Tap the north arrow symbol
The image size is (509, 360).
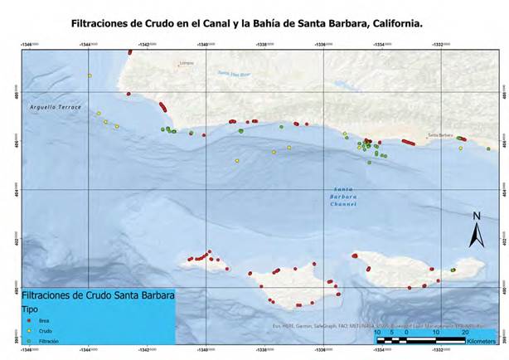476,230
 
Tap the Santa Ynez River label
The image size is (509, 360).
235,74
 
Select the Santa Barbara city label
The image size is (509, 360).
439,134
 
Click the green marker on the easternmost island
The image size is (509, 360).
453,270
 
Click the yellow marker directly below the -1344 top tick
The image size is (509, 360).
90,76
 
